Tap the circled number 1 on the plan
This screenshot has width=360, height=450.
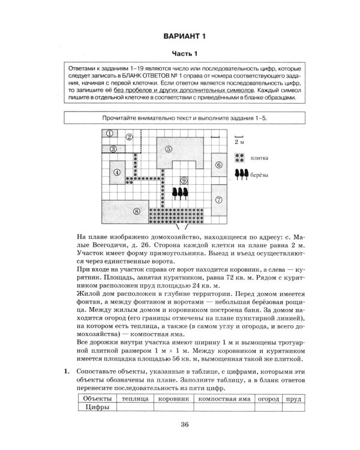(x=110, y=133)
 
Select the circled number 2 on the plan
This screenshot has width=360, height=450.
(x=129, y=137)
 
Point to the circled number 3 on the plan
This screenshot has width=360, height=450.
(x=112, y=149)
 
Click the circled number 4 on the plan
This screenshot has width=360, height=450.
(x=117, y=172)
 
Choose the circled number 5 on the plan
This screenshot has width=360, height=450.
(x=169, y=148)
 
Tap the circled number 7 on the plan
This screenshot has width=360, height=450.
(x=219, y=199)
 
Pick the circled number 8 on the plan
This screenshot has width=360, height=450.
(x=137, y=211)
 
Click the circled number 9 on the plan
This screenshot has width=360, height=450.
(x=184, y=179)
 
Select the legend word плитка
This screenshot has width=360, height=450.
(x=261, y=158)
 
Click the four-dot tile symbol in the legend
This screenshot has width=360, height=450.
(x=239, y=158)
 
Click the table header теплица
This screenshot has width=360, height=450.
(x=135, y=397)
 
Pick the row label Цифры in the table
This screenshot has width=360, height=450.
(x=96, y=407)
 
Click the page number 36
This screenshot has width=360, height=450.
(x=184, y=425)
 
